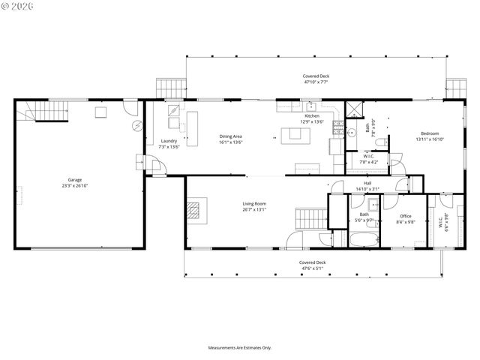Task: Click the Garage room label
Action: pos(75,179)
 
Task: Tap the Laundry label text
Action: pos(169,142)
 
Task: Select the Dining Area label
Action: pos(230,136)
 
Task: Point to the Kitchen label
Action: pos(312,116)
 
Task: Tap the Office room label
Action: pos(406,216)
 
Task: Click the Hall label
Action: pos(367,183)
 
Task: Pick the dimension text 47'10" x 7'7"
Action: pos(316,82)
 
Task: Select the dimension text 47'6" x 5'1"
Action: pos(314,268)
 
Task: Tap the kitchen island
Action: pos(295,135)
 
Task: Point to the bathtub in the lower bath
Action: pos(366,240)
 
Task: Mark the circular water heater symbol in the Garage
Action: pos(135,125)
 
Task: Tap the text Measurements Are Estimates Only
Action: pos(240,347)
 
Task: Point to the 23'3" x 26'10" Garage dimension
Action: pos(75,184)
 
